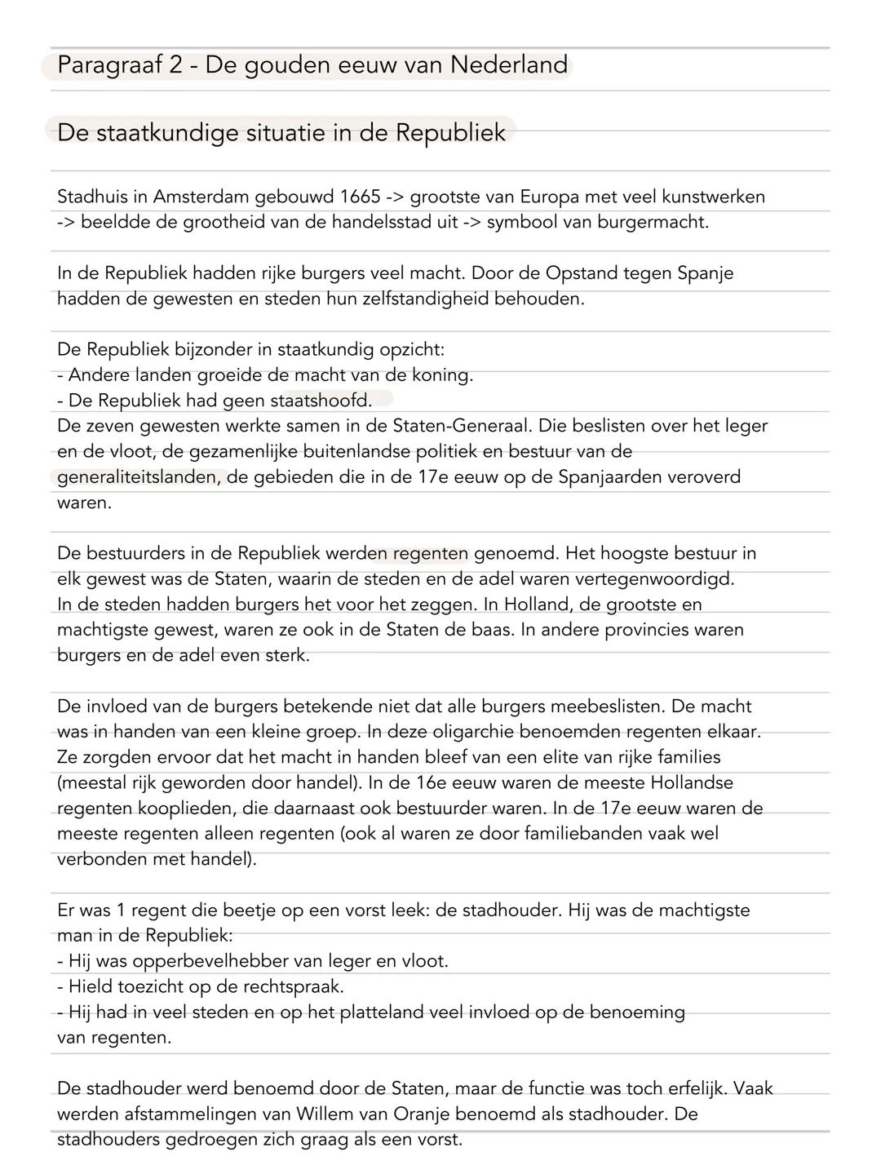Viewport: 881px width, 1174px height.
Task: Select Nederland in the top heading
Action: (509, 65)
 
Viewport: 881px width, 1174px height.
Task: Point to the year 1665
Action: (361, 197)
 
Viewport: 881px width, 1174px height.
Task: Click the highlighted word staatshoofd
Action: (321, 401)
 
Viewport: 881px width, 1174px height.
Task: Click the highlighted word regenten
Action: (430, 553)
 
